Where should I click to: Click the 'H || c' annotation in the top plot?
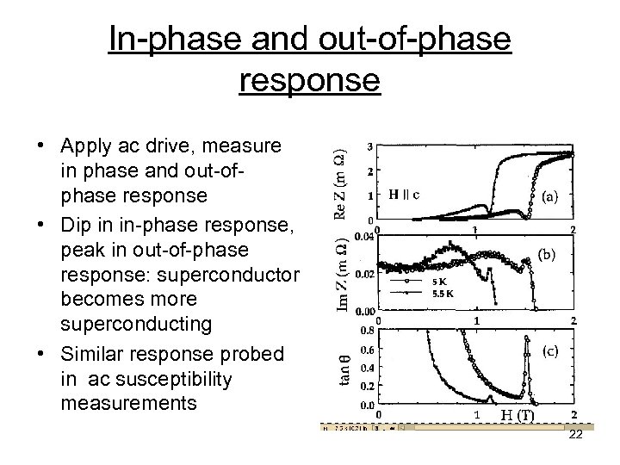coord(406,194)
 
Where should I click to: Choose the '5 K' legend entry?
coord(438,281)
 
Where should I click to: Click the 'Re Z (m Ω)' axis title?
coord(341,183)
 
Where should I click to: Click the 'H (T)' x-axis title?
coord(518,416)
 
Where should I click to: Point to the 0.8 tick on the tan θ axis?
coord(367,329)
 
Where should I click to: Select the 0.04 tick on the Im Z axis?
coord(366,234)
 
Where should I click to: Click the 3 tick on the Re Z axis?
coord(370,146)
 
